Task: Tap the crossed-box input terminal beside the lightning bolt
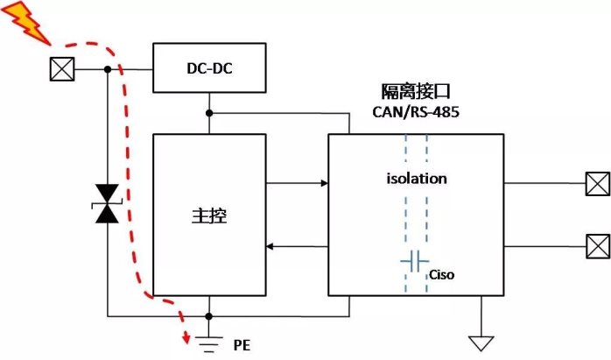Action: [x=60, y=68]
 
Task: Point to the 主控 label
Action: [x=209, y=215]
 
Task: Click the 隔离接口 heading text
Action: [x=417, y=93]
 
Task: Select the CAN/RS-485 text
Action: [x=417, y=113]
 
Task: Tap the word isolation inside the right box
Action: [x=417, y=179]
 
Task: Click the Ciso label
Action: [x=441, y=274]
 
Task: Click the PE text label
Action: [x=242, y=344]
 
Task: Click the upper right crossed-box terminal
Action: [x=597, y=184]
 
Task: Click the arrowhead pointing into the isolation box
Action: [x=323, y=183]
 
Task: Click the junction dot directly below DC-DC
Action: [x=209, y=112]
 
